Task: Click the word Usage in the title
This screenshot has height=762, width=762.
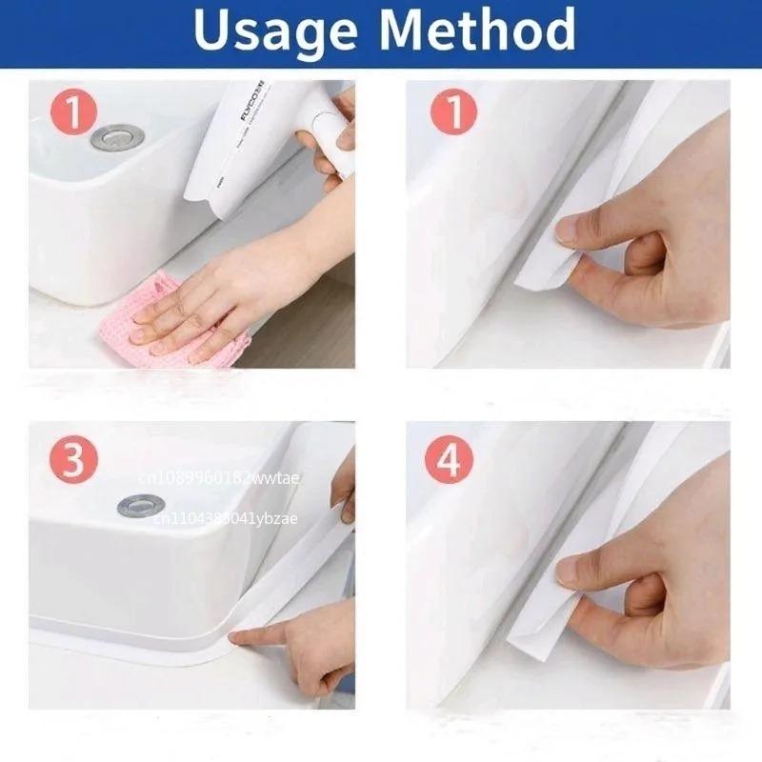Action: (276, 30)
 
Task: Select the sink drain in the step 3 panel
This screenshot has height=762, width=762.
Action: (140, 505)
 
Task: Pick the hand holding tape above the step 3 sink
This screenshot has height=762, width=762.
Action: (343, 486)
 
